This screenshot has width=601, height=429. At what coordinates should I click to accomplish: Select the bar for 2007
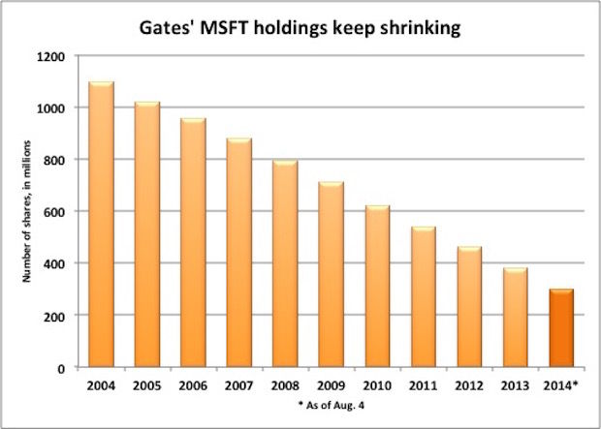239,253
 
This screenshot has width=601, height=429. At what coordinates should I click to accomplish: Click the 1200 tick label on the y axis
51,56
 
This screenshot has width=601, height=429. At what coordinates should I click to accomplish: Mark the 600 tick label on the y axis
55,212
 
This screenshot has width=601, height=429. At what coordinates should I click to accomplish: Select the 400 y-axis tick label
55,264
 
